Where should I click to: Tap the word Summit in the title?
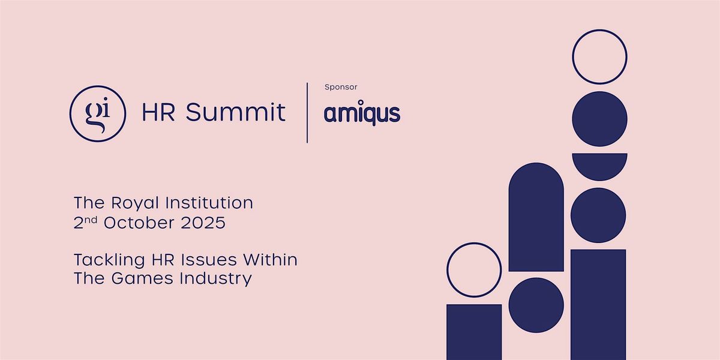pos(236,112)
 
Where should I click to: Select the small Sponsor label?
pos(341,87)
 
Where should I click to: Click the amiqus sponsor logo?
pos(362,113)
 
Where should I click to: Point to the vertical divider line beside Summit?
pos(307,113)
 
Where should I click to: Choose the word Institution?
pos(209,203)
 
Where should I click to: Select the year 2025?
pos(203,223)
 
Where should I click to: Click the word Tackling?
pos(109,260)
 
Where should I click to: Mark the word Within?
pos(270,260)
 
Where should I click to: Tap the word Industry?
pos(215,279)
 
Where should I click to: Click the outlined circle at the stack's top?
pos(599,30)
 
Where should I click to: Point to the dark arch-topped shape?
pos(536,217)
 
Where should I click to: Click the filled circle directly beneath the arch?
pos(536,305)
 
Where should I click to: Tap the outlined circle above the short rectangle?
pos(474,244)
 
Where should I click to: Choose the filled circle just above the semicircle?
pos(599,119)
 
